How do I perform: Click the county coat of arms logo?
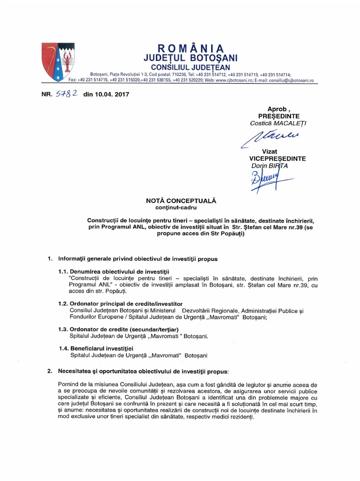click(57, 61)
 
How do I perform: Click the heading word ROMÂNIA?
click(190, 49)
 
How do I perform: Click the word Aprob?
click(276, 109)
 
